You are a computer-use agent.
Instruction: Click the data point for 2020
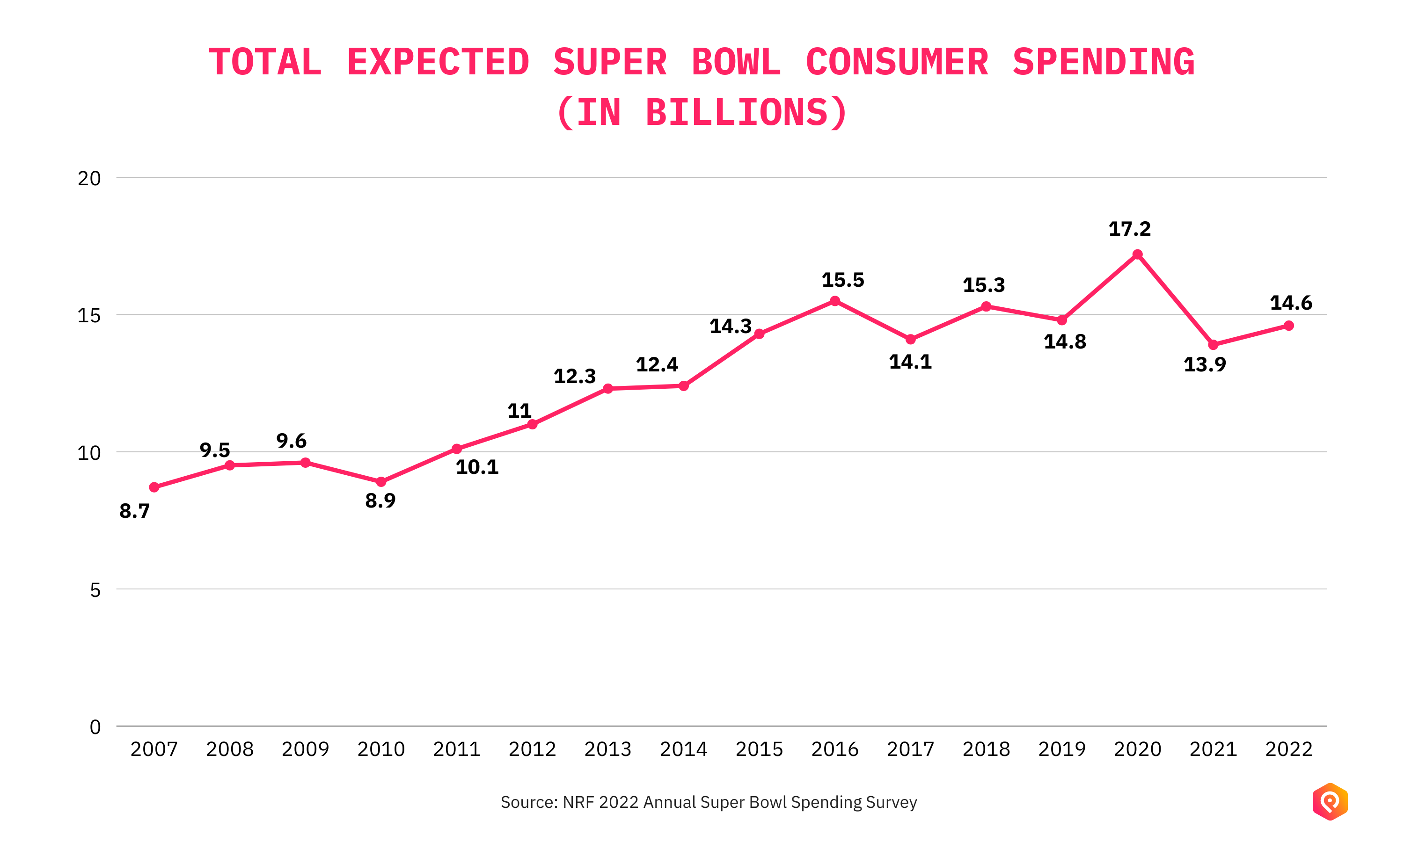pyautogui.click(x=1137, y=254)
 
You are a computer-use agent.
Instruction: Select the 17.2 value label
pyautogui.click(x=1129, y=229)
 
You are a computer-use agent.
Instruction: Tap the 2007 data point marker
pyautogui.click(x=154, y=487)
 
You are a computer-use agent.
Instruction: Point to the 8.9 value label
pyautogui.click(x=380, y=501)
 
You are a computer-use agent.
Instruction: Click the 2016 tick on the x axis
pyautogui.click(x=835, y=749)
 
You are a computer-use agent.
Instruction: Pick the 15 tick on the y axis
pyautogui.click(x=89, y=315)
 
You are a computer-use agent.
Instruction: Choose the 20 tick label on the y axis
pyautogui.click(x=89, y=179)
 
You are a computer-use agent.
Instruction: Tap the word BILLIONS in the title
pyautogui.click(x=738, y=112)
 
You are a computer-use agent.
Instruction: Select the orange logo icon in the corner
pyautogui.click(x=1330, y=801)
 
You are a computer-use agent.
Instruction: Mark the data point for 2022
pyautogui.click(x=1289, y=326)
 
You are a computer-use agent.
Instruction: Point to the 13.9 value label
pyautogui.click(x=1204, y=364)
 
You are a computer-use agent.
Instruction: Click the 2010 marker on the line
pyautogui.click(x=381, y=482)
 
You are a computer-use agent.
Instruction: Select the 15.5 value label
pyautogui.click(x=843, y=280)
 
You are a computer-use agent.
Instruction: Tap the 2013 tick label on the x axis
pyautogui.click(x=608, y=749)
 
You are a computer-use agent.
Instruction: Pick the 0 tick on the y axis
pyautogui.click(x=95, y=727)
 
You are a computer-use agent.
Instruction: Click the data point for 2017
pyautogui.click(x=910, y=339)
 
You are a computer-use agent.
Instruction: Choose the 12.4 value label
pyautogui.click(x=657, y=364)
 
